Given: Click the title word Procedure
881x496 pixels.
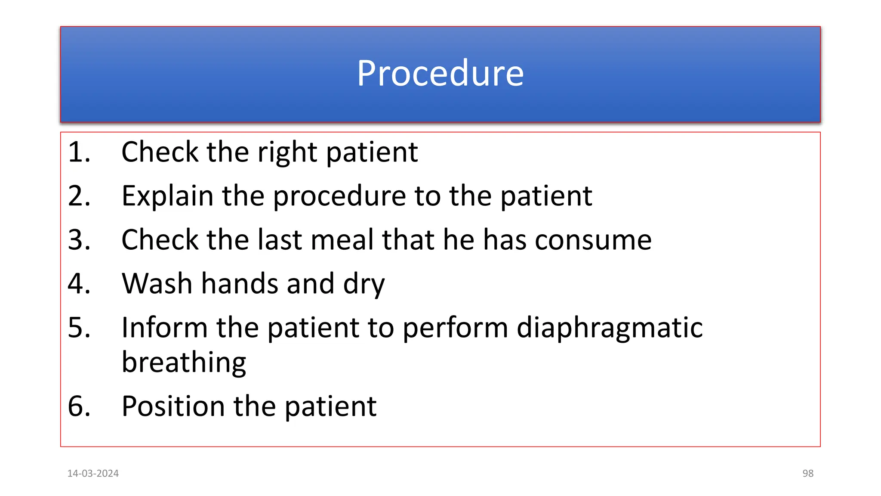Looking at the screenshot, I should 440,73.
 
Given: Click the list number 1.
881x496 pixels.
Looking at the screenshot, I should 79,152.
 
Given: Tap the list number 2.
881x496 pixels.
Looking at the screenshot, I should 79,196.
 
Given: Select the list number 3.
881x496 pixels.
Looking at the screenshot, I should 79,240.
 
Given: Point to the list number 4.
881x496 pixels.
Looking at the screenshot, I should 79,284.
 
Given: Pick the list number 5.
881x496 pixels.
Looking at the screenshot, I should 79,328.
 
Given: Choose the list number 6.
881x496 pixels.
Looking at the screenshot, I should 79,406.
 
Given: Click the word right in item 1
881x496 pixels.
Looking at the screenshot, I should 287,153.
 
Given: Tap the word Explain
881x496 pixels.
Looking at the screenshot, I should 167,197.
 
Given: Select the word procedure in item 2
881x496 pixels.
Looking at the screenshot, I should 339,197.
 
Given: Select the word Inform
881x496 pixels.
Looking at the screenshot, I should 164,328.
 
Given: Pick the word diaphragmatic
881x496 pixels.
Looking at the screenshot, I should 610,329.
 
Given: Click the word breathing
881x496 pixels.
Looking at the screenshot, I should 184,363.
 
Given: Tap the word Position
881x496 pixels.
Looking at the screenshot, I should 173,406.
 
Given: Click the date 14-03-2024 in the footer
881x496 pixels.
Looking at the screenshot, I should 93,474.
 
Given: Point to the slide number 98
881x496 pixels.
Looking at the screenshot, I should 808,474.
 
